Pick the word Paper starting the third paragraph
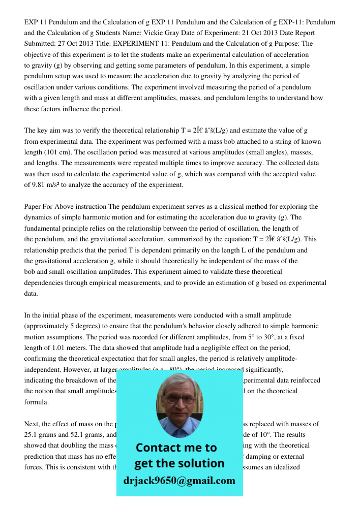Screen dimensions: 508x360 coord(34,207)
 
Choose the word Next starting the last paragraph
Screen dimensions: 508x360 coord(32,424)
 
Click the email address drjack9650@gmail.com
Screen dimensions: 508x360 coord(179,481)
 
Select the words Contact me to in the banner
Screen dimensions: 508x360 coord(176,448)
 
